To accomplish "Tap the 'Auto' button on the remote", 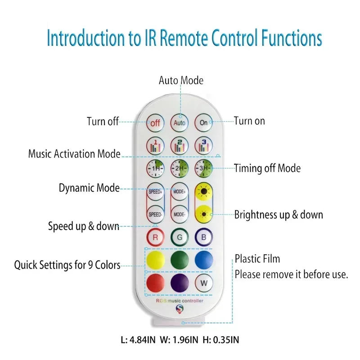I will point(180,122).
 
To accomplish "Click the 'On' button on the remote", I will point(203,122).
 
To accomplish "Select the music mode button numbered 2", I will point(180,146).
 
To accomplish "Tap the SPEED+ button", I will point(155,191).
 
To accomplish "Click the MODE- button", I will point(180,214).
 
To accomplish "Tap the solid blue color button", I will point(203,260).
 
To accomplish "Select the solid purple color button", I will point(180,283).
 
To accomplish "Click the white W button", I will point(203,283).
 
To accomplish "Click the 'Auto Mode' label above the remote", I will point(181,81).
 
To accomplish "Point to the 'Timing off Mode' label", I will point(267,168).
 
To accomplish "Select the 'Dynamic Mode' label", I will point(89,188).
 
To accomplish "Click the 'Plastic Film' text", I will point(257,259).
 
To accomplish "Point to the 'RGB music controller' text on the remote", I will point(180,301).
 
